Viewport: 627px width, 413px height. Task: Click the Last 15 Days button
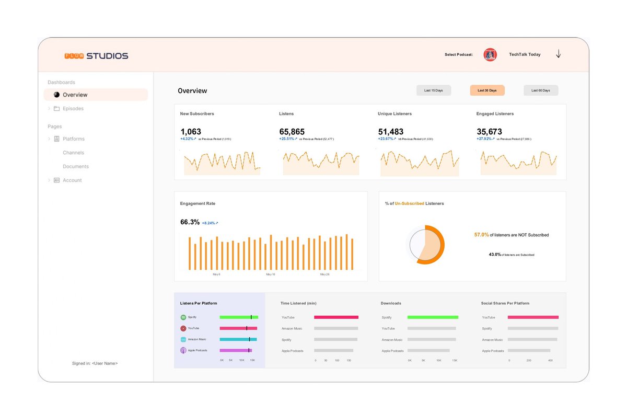(434, 90)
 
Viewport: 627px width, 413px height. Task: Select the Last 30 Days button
(487, 90)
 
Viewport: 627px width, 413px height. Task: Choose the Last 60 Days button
(541, 90)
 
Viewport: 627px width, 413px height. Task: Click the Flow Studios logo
(96, 56)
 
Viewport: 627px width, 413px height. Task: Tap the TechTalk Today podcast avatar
(490, 54)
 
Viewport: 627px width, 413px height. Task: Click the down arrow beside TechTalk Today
(558, 54)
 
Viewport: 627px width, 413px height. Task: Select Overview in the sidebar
(75, 95)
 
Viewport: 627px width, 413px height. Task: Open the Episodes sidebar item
(73, 109)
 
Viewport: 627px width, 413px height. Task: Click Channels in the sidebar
(73, 153)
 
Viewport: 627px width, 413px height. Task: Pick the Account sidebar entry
(72, 180)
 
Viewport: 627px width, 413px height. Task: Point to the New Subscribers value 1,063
(191, 132)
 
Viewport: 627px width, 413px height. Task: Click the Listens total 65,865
(292, 132)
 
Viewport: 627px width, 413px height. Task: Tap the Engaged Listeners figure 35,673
(489, 132)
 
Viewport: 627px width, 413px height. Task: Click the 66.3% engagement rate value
(190, 222)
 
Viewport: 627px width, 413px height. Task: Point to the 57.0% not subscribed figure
(481, 235)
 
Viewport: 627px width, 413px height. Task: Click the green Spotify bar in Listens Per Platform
(238, 317)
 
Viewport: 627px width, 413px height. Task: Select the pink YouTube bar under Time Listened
(336, 317)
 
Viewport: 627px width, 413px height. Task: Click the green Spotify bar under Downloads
(433, 317)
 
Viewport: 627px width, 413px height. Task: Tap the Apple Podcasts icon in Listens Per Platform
(183, 350)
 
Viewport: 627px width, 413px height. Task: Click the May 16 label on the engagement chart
(270, 274)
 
